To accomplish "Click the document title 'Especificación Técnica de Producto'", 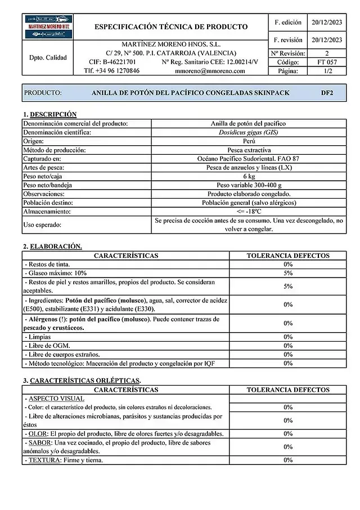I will (171, 26).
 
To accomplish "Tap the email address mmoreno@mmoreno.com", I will (210, 71).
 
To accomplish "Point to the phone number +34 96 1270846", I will (112, 71).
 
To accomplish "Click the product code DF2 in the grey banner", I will (327, 93).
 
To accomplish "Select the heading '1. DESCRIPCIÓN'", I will (50, 114).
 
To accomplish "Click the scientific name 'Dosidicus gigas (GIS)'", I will (248, 132).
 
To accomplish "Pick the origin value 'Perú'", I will (248, 141).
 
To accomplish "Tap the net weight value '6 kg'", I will (248, 176).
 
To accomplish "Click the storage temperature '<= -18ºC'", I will (248, 212).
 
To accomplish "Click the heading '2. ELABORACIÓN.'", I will (52, 247).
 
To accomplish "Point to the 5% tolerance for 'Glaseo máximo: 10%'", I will (288, 273).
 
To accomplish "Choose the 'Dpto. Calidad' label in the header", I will (47, 57).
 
